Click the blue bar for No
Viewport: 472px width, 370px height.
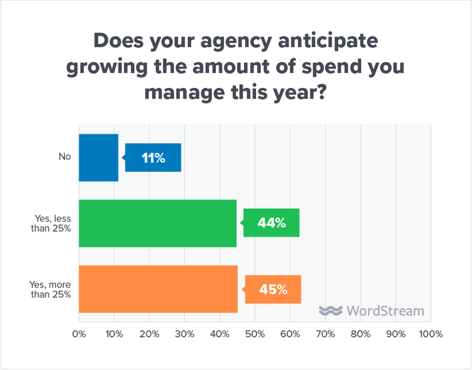(99, 158)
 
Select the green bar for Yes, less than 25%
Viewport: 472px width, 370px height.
(158, 223)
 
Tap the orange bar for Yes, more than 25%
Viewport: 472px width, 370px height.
(158, 289)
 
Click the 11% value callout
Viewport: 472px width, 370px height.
(153, 158)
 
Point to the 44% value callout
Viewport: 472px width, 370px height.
(271, 223)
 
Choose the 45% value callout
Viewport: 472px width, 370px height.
(273, 289)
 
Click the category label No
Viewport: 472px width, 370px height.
(64, 158)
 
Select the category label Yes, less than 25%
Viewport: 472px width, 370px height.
(54, 224)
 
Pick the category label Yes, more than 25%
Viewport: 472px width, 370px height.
(53, 289)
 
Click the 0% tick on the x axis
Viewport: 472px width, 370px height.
(78, 334)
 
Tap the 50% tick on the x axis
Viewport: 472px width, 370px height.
(255, 334)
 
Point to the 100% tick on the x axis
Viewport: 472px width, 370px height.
(430, 334)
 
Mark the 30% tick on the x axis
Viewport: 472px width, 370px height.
(185, 334)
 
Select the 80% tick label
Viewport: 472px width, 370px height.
(360, 334)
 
